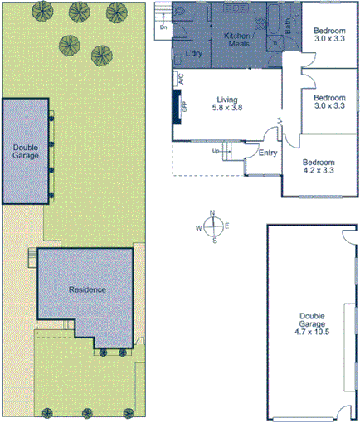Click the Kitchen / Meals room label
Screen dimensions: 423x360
239,40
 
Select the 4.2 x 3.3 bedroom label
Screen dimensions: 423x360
318,167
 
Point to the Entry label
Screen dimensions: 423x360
268,153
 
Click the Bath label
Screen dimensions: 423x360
288,27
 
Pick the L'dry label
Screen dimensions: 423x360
195,54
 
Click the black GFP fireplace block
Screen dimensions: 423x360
177,105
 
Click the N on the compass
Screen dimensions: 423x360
214,213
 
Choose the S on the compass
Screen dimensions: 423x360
214,241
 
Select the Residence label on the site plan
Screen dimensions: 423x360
86,289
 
